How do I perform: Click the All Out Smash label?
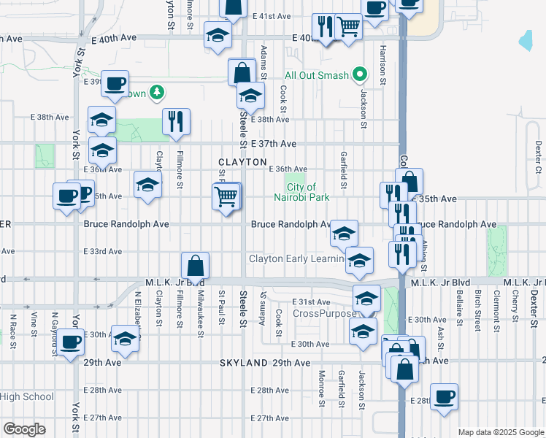point(316,75)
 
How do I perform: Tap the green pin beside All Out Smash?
point(359,74)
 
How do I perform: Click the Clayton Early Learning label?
point(296,258)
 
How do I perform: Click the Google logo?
point(24,429)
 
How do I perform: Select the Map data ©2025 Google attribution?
point(500,432)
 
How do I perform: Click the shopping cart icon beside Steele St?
point(226,196)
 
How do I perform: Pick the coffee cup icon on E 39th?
point(115,82)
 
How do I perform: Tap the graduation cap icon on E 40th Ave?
point(218,36)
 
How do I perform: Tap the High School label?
point(27,397)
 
